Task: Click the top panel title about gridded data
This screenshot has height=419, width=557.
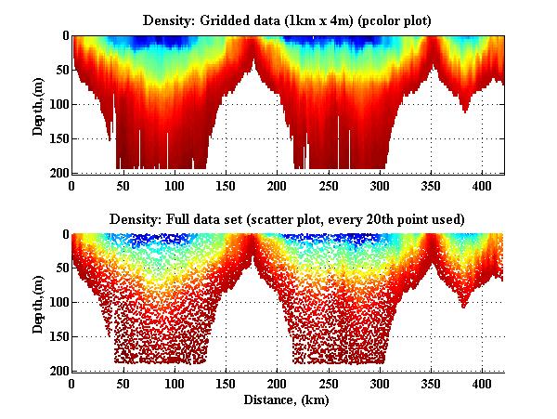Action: point(287,20)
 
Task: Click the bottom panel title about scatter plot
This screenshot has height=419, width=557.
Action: point(287,219)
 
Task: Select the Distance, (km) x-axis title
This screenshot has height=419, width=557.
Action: point(287,399)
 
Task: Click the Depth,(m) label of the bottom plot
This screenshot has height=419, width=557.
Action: point(38,303)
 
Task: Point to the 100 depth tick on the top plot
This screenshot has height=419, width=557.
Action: point(58,104)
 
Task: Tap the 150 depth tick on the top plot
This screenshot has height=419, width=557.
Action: point(58,138)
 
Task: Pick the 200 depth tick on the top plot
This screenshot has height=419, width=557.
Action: point(58,172)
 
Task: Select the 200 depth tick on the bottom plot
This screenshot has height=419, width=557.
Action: point(58,371)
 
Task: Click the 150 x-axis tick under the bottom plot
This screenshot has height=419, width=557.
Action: point(226,383)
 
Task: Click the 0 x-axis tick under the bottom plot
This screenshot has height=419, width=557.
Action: point(71,383)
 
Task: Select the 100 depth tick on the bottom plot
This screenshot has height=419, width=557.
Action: point(58,303)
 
